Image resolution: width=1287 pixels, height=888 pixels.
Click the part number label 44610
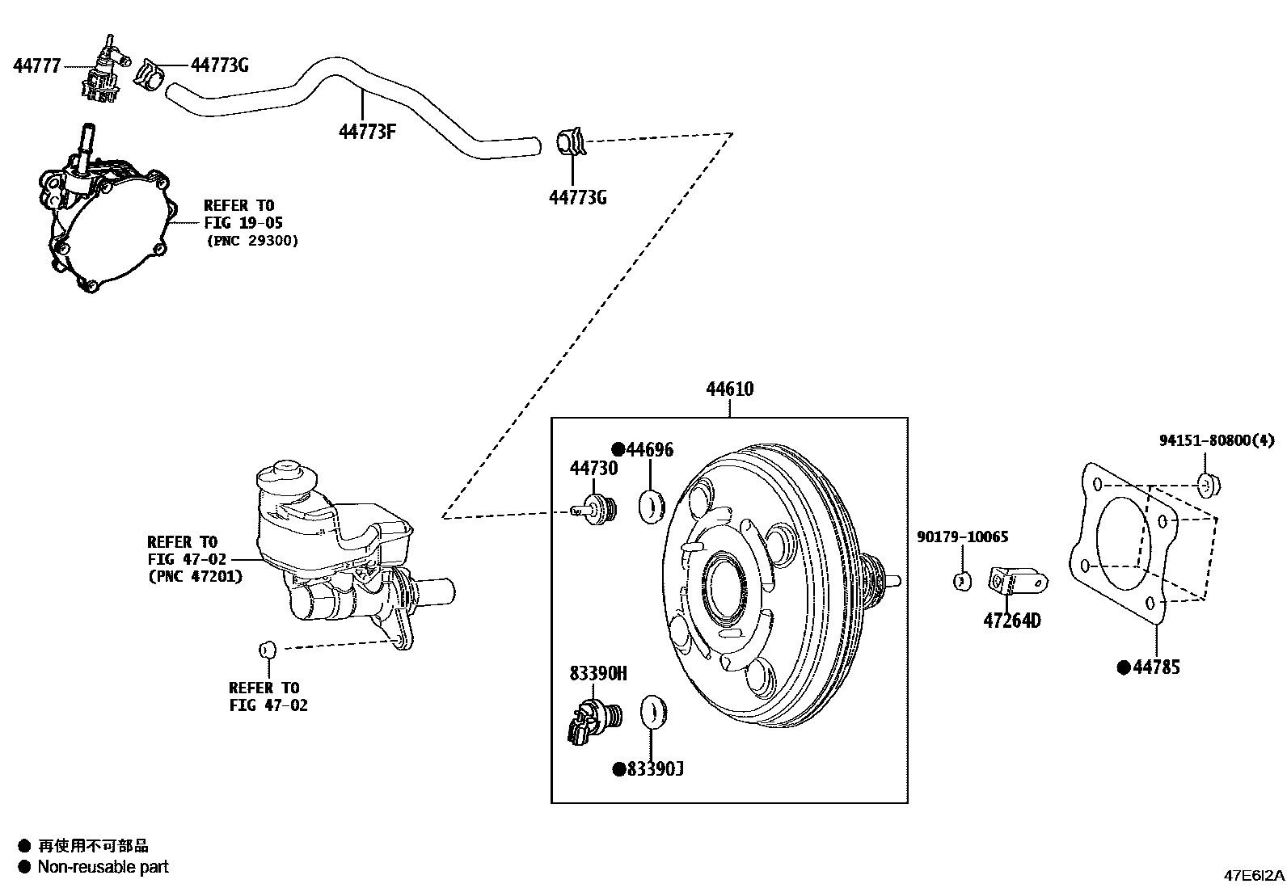point(729,389)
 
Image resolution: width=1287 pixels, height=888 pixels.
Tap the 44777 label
point(36,66)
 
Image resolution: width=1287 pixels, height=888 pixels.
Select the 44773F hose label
point(367,131)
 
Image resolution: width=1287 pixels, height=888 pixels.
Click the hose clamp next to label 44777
point(150,74)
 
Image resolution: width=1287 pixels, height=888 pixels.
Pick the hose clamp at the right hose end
point(571,143)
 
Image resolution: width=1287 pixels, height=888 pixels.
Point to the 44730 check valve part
point(597,511)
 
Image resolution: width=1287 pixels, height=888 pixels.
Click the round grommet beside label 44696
point(652,506)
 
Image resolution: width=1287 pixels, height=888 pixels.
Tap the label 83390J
point(654,769)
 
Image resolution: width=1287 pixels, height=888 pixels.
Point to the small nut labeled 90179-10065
point(962,580)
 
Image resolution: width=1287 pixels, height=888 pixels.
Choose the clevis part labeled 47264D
point(1017,582)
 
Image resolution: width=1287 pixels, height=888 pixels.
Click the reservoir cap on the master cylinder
point(286,473)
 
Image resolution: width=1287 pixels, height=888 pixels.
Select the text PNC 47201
point(195,577)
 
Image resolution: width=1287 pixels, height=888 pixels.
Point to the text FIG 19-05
point(243,223)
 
